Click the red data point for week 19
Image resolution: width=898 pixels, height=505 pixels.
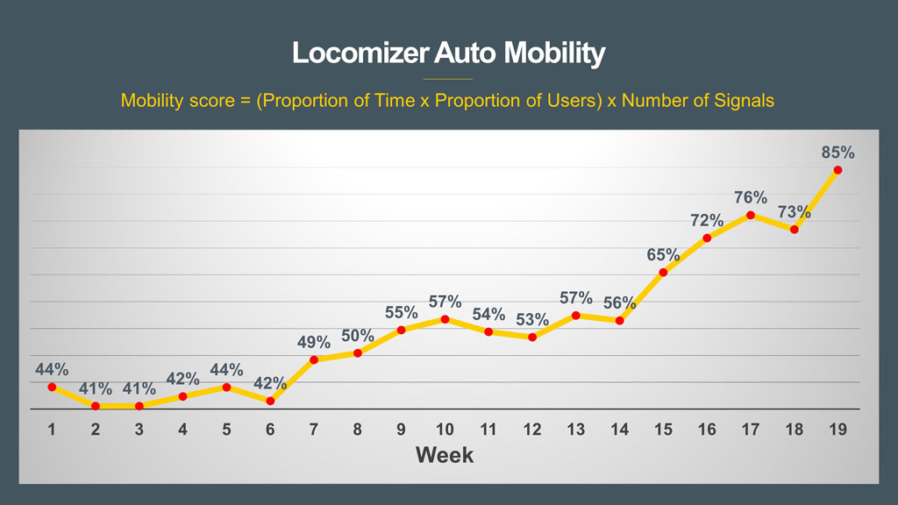tap(837, 170)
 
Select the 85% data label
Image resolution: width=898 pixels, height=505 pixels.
tap(837, 153)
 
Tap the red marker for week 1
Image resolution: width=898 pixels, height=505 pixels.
tap(52, 387)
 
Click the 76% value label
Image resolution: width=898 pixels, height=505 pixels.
tap(751, 197)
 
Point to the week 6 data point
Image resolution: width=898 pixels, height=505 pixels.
tap(270, 402)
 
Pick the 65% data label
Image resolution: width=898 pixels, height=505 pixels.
tap(663, 255)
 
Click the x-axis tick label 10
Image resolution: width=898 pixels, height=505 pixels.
tap(445, 430)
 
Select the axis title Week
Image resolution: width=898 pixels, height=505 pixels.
tap(445, 455)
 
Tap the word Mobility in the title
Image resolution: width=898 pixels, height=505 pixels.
tap(554, 53)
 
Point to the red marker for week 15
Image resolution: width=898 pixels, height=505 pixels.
tap(663, 273)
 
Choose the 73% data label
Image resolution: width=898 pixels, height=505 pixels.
tap(794, 212)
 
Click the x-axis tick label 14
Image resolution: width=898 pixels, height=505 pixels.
tap(619, 430)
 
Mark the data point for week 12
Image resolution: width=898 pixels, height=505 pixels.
tap(532, 337)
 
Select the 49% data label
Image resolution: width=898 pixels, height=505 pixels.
tap(314, 342)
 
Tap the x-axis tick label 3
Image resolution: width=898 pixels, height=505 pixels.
tap(139, 430)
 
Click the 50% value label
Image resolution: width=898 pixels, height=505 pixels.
tap(358, 336)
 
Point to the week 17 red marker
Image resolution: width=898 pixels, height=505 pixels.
tap(751, 215)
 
